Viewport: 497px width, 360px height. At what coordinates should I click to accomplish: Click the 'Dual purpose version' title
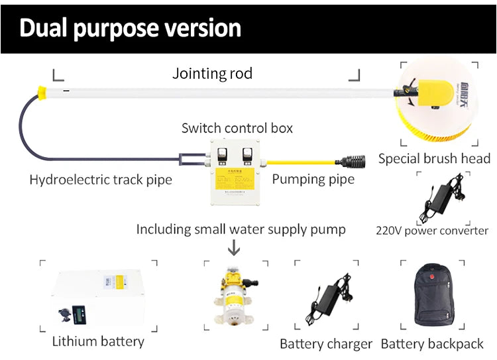[130, 29]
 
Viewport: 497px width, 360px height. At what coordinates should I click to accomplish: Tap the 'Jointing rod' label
[212, 73]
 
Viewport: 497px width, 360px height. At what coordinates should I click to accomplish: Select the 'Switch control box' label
[237, 128]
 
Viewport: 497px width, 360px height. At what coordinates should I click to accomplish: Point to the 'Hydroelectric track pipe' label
[101, 180]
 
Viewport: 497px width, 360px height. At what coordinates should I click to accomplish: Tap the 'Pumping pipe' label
[313, 179]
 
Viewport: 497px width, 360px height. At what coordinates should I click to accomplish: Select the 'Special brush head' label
[434, 158]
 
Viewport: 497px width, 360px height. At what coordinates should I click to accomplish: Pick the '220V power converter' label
[431, 231]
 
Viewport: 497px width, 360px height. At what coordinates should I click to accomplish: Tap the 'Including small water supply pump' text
[241, 229]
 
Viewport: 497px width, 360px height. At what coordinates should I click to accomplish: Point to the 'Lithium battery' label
[98, 342]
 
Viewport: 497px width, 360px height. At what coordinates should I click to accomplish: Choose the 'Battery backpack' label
[432, 344]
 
